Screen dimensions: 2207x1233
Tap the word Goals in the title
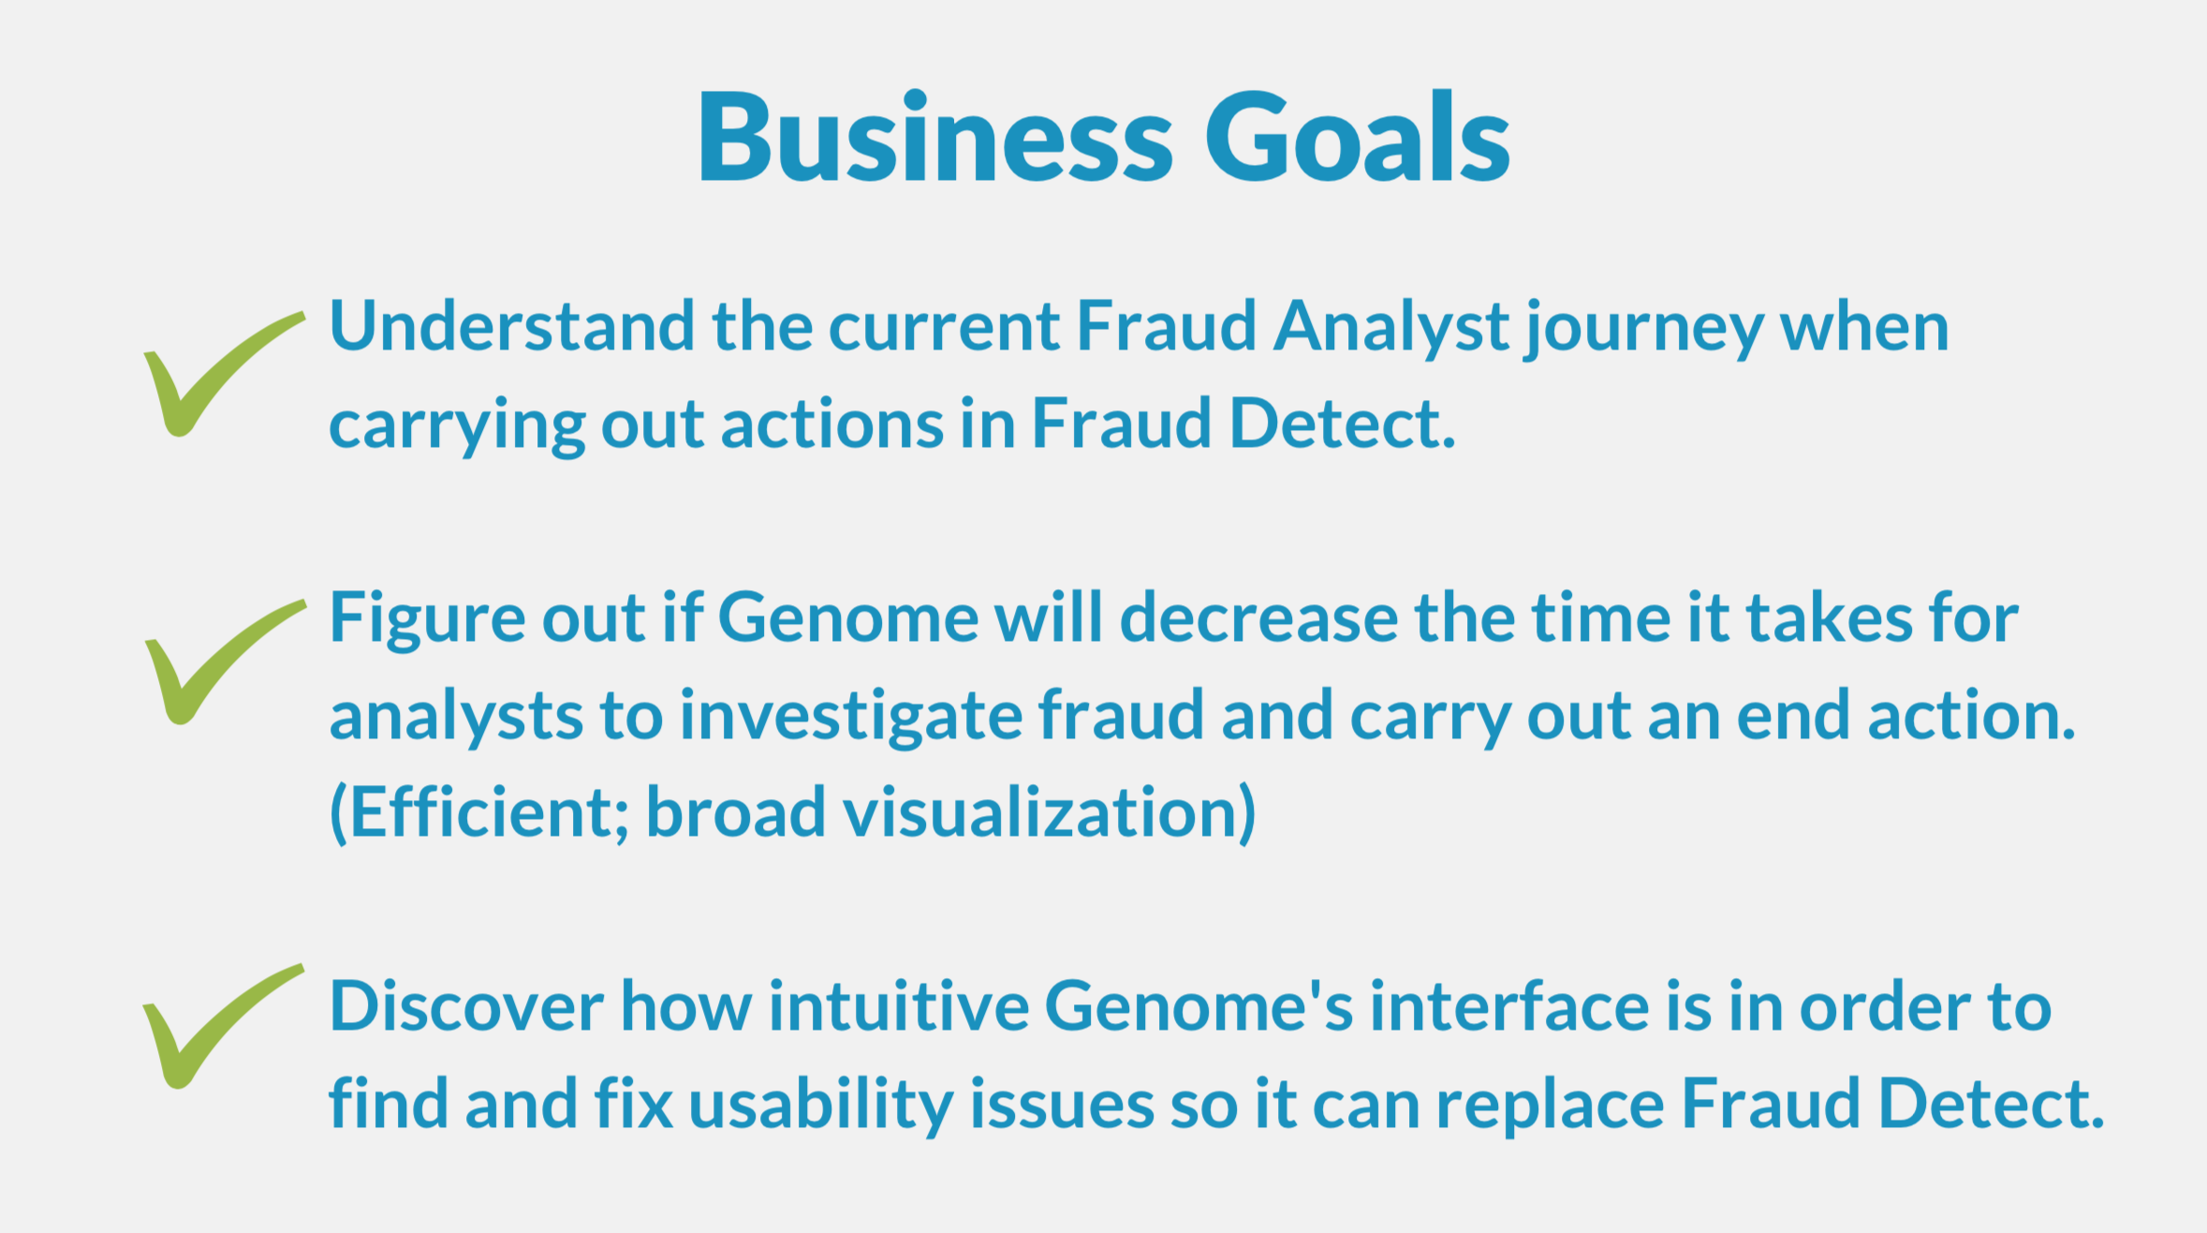click(x=1357, y=137)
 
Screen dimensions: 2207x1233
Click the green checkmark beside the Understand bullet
click(x=224, y=374)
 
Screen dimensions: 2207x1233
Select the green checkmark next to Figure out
click(x=225, y=661)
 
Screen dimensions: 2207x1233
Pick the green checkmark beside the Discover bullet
click(x=223, y=1026)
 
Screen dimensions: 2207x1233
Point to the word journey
click(x=1644, y=330)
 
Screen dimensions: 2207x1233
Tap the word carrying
click(x=457, y=427)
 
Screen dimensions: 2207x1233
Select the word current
click(x=944, y=328)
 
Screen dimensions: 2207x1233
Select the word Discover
click(x=466, y=1006)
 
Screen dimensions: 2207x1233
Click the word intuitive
click(x=899, y=1006)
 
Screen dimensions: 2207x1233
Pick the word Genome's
click(x=1199, y=1006)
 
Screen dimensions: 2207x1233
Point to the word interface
click(x=1509, y=1006)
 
